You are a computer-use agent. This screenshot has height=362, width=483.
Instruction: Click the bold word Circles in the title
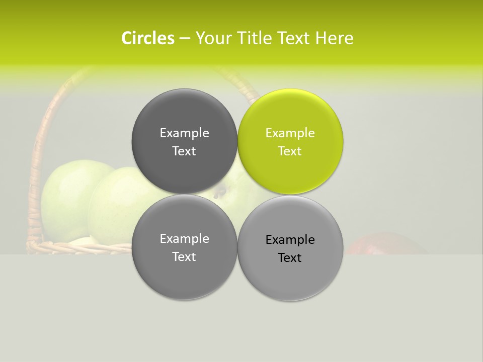(148, 38)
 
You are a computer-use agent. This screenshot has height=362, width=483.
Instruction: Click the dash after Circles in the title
(185, 39)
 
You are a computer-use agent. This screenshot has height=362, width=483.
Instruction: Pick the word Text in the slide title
(294, 38)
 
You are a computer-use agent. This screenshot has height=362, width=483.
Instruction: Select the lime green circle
(290, 141)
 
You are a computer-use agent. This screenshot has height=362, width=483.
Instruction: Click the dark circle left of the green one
(184, 141)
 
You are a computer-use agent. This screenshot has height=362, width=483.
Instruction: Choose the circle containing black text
(290, 248)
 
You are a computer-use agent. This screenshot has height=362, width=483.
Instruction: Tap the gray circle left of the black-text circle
(184, 247)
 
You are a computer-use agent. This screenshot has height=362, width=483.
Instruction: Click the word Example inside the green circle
(290, 133)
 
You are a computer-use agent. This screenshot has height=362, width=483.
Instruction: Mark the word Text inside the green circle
(290, 151)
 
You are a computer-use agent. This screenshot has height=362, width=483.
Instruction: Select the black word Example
(290, 240)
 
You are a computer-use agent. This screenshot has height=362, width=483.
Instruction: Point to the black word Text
(290, 258)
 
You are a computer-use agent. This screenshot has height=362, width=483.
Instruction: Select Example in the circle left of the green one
(184, 133)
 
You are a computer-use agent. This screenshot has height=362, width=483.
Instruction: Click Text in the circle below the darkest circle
(184, 257)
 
